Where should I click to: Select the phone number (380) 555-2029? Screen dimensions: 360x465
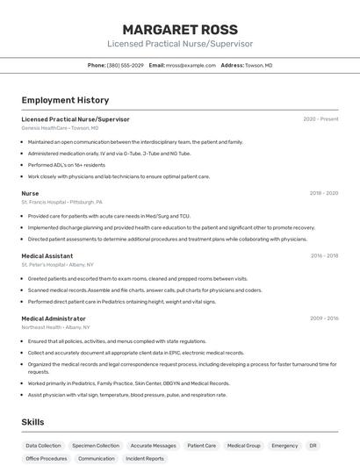pos(125,65)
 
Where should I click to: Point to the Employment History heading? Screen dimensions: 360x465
pos(65,100)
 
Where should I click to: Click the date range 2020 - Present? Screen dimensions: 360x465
pos(320,119)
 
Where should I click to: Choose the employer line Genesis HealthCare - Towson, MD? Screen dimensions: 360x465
pos(60,128)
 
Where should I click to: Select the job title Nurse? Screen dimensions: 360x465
pos(30,193)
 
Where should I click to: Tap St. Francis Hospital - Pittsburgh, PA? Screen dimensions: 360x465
pos(61,202)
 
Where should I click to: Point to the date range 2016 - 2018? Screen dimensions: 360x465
pos(324,256)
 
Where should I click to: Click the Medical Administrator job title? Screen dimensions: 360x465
pos(54,318)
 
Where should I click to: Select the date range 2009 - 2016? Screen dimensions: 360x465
pos(324,318)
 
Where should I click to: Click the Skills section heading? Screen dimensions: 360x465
pos(33,422)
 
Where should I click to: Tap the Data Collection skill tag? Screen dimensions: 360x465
pos(44,446)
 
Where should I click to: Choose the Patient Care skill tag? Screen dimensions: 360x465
pos(198,446)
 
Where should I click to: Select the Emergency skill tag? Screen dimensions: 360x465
pos(284,446)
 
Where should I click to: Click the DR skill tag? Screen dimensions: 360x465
pos(313,446)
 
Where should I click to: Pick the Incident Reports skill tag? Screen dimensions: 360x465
pos(145,458)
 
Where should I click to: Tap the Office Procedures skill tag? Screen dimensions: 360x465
pos(47,458)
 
